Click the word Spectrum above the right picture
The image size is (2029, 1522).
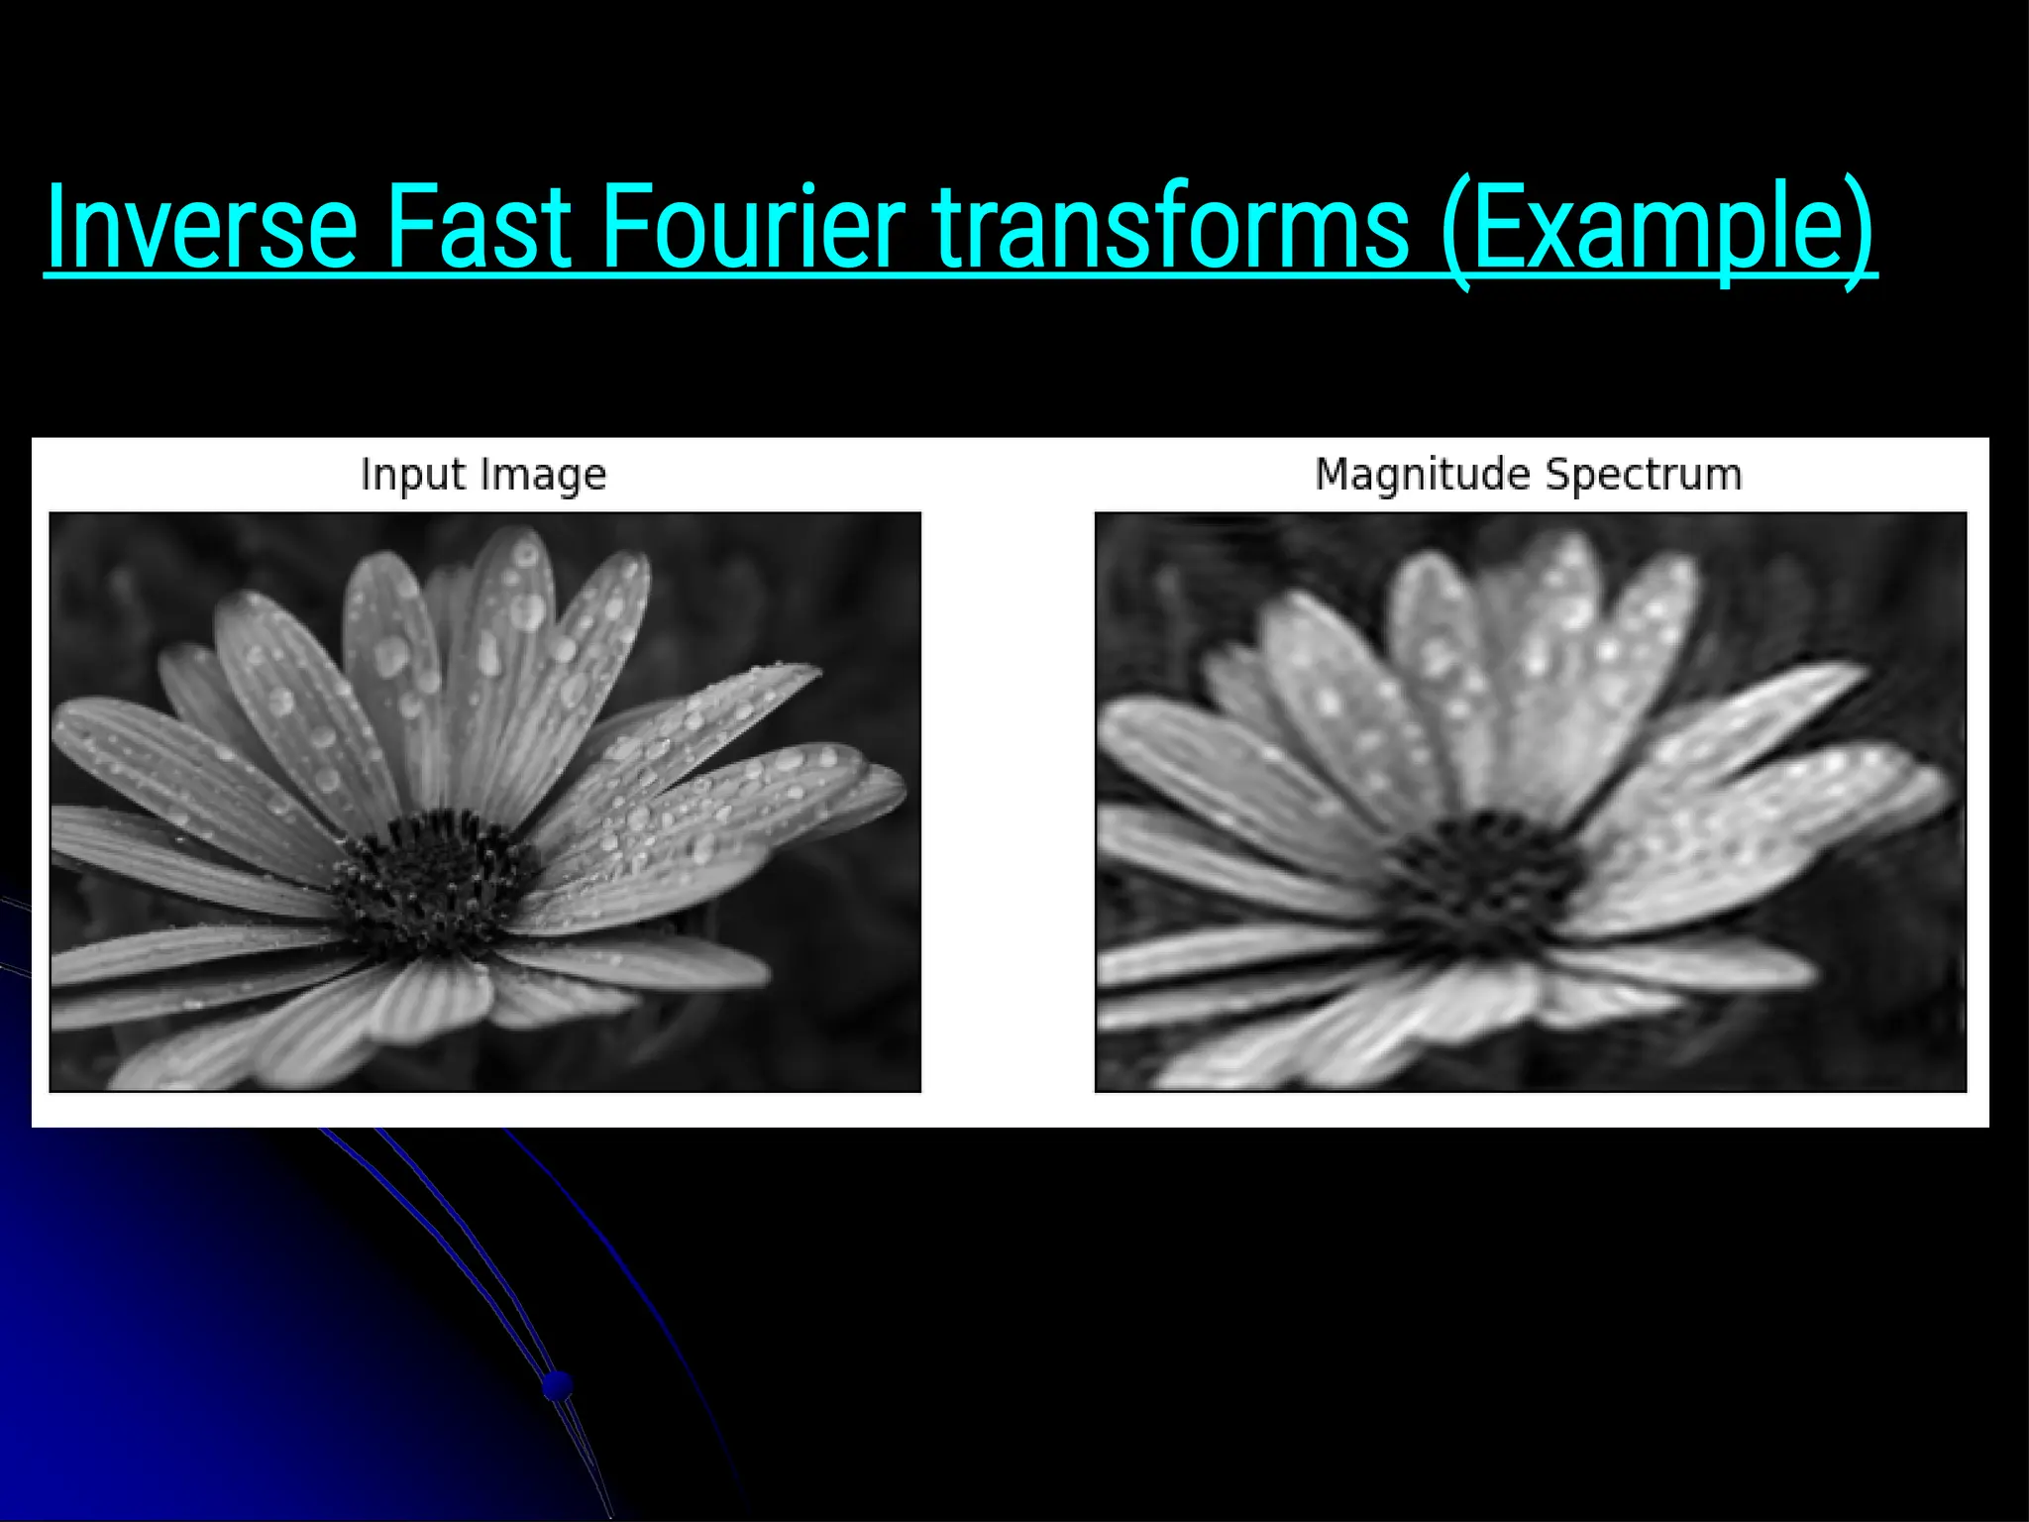[x=1644, y=475]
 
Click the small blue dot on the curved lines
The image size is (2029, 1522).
[x=558, y=1384]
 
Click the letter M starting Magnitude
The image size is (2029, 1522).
[x=1333, y=475]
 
